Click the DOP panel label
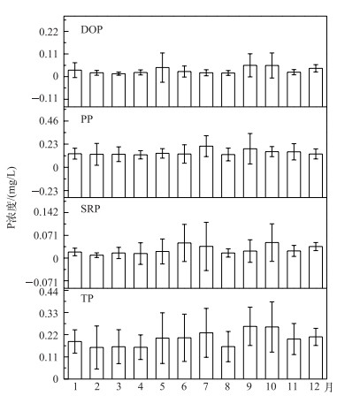(x=92, y=30)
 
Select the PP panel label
(x=87, y=119)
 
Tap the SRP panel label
(x=90, y=209)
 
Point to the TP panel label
(x=87, y=299)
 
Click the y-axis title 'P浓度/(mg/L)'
(x=11, y=198)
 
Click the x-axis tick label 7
(x=205, y=386)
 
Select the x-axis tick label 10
(x=271, y=386)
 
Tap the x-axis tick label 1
(x=75, y=386)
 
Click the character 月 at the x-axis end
(x=328, y=386)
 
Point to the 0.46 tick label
(x=49, y=121)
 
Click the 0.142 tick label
(x=46, y=212)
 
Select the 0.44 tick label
(x=49, y=292)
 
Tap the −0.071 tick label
(x=42, y=283)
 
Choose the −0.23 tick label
(x=45, y=192)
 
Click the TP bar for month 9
(x=250, y=353)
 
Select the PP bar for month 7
(x=206, y=171)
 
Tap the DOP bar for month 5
(x=162, y=87)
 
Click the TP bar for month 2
(x=96, y=363)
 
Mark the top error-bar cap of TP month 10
(x=272, y=301)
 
